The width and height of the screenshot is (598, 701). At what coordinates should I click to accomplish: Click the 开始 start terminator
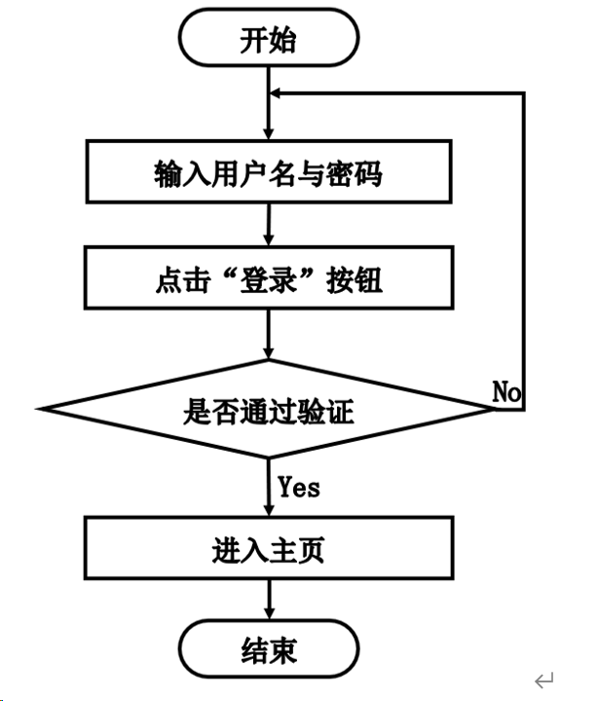(268, 41)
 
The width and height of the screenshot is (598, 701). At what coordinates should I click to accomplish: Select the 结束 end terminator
(268, 649)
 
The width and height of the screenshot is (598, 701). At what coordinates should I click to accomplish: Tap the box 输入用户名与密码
(268, 175)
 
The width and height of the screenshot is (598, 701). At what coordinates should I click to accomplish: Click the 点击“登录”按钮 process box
(268, 281)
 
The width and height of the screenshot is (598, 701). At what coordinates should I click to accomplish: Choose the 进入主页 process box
(268, 551)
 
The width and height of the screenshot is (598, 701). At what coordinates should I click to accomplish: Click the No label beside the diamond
(506, 392)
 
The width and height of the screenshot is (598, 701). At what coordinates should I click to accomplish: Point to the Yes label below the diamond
(299, 485)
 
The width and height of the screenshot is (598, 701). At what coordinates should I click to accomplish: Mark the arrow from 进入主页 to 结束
(268, 600)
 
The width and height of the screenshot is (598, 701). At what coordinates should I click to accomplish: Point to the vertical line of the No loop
(525, 243)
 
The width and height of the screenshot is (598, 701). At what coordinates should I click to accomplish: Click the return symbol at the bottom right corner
(545, 679)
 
